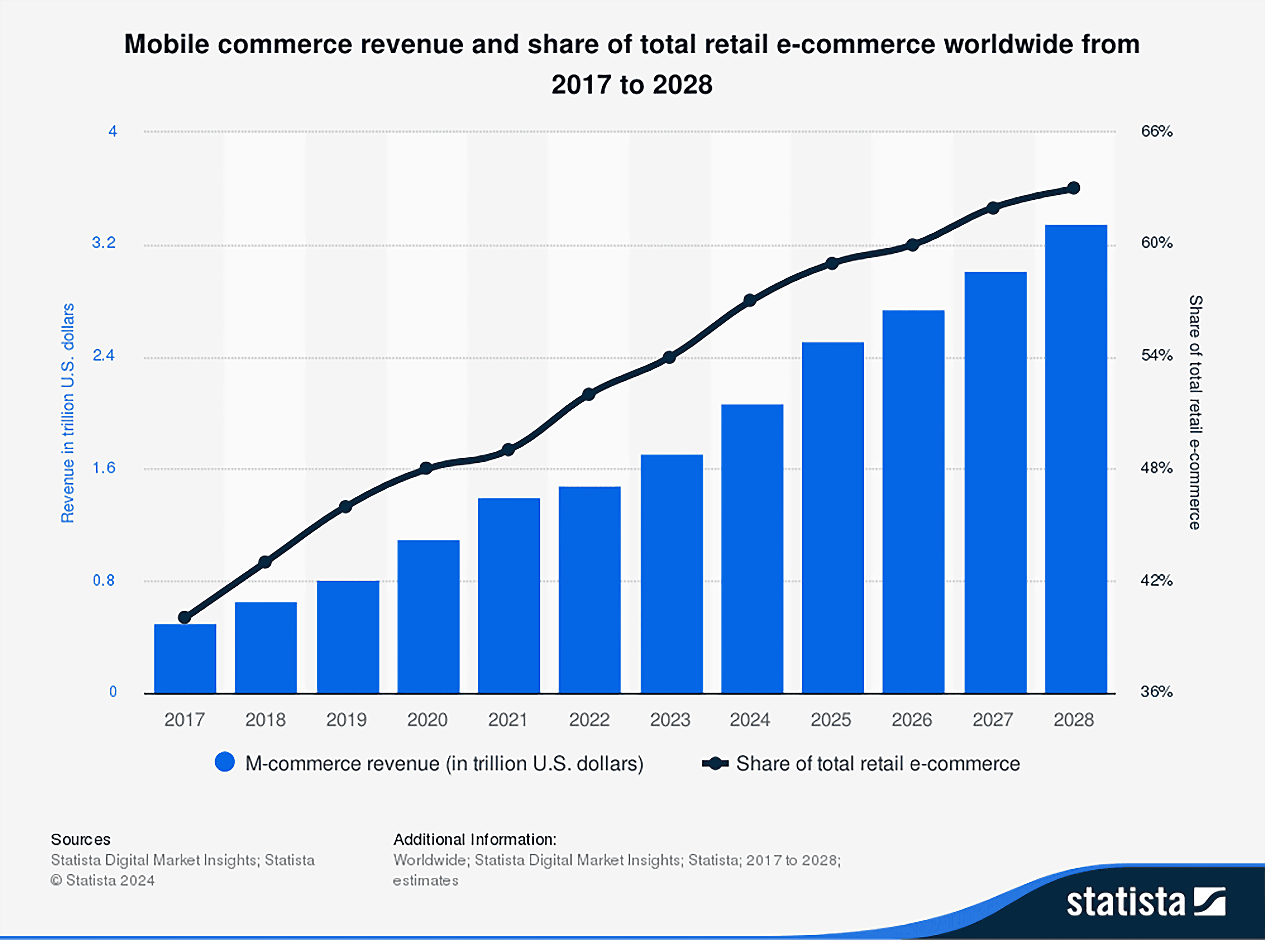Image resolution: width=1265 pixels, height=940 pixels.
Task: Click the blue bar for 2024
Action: (x=752, y=548)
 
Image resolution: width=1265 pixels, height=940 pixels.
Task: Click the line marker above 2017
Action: (x=184, y=617)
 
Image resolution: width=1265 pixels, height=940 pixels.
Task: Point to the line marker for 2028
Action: (x=1073, y=188)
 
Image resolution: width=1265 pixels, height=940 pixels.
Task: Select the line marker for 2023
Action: (x=669, y=357)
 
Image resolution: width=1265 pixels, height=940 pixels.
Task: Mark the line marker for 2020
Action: (x=426, y=468)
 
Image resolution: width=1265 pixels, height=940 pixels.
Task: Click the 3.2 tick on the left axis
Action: (x=104, y=243)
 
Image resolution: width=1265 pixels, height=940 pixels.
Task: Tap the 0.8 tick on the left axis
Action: (x=104, y=580)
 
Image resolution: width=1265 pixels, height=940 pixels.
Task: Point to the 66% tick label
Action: (x=1156, y=132)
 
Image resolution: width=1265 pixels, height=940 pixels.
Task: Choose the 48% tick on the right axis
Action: (x=1156, y=468)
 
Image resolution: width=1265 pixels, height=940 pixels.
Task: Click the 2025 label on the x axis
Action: (x=830, y=720)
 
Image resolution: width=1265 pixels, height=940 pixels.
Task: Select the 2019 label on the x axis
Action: (x=346, y=720)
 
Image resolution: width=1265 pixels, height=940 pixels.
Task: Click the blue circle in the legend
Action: (x=225, y=762)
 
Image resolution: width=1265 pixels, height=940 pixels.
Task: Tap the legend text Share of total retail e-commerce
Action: (x=877, y=763)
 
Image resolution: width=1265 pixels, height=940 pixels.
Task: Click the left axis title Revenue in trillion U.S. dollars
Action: (x=68, y=412)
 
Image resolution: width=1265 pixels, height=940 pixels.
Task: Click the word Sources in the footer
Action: (x=80, y=839)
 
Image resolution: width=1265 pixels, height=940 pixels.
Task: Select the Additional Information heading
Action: (x=475, y=839)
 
